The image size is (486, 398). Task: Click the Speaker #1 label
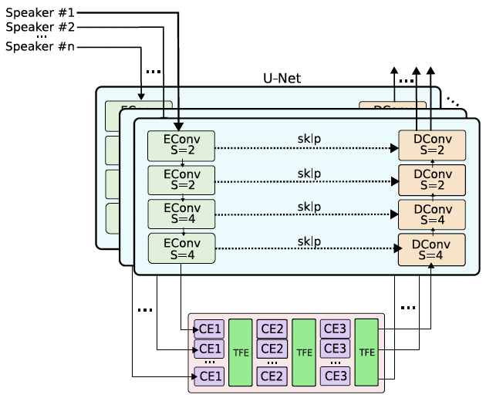click(x=41, y=13)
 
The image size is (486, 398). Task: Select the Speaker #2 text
click(x=41, y=27)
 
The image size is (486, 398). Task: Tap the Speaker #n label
click(x=41, y=47)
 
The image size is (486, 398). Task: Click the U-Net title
click(x=282, y=78)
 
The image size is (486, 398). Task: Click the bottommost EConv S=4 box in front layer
click(x=181, y=248)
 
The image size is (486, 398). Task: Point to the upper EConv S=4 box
click(x=181, y=214)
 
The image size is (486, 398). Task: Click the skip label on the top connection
click(x=309, y=139)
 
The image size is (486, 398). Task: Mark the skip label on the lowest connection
click(x=309, y=241)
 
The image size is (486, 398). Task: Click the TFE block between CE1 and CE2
click(x=241, y=352)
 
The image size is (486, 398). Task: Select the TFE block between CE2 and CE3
click(x=304, y=352)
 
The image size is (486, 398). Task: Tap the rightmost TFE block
click(x=367, y=352)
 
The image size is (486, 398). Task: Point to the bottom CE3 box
click(x=336, y=376)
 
